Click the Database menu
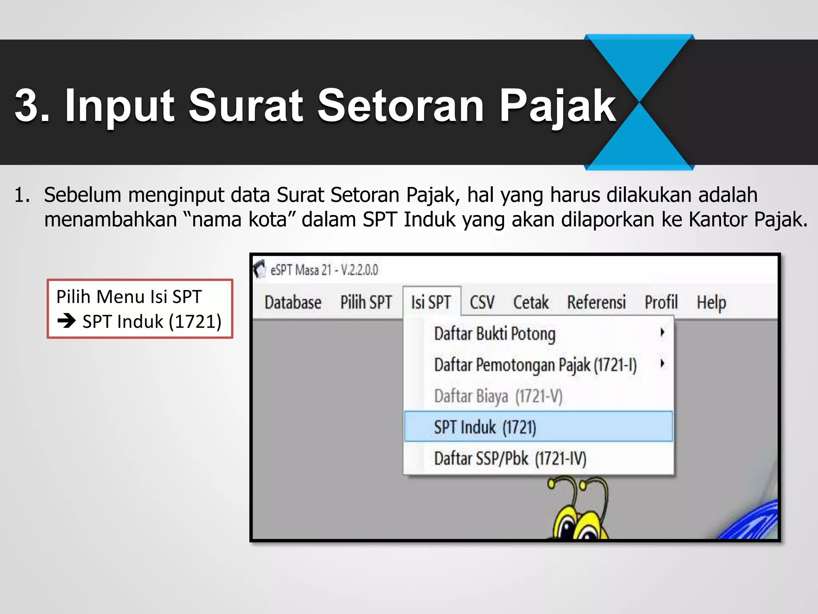click(x=293, y=303)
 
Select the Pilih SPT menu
click(x=366, y=303)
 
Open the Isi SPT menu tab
click(x=431, y=303)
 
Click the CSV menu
click(x=482, y=303)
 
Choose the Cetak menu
click(x=531, y=303)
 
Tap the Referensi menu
click(x=596, y=303)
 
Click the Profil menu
click(x=661, y=303)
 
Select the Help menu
click(x=711, y=303)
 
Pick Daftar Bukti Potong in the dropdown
click(x=495, y=334)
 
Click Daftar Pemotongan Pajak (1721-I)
click(x=535, y=365)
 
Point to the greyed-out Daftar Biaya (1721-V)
click(x=498, y=396)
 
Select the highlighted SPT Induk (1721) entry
click(x=485, y=427)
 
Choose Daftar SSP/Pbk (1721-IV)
click(x=510, y=459)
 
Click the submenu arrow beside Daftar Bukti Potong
click(x=662, y=332)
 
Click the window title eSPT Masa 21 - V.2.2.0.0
click(x=324, y=270)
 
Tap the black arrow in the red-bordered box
click(x=67, y=321)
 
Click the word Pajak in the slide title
click(x=557, y=106)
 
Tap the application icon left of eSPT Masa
click(x=260, y=269)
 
